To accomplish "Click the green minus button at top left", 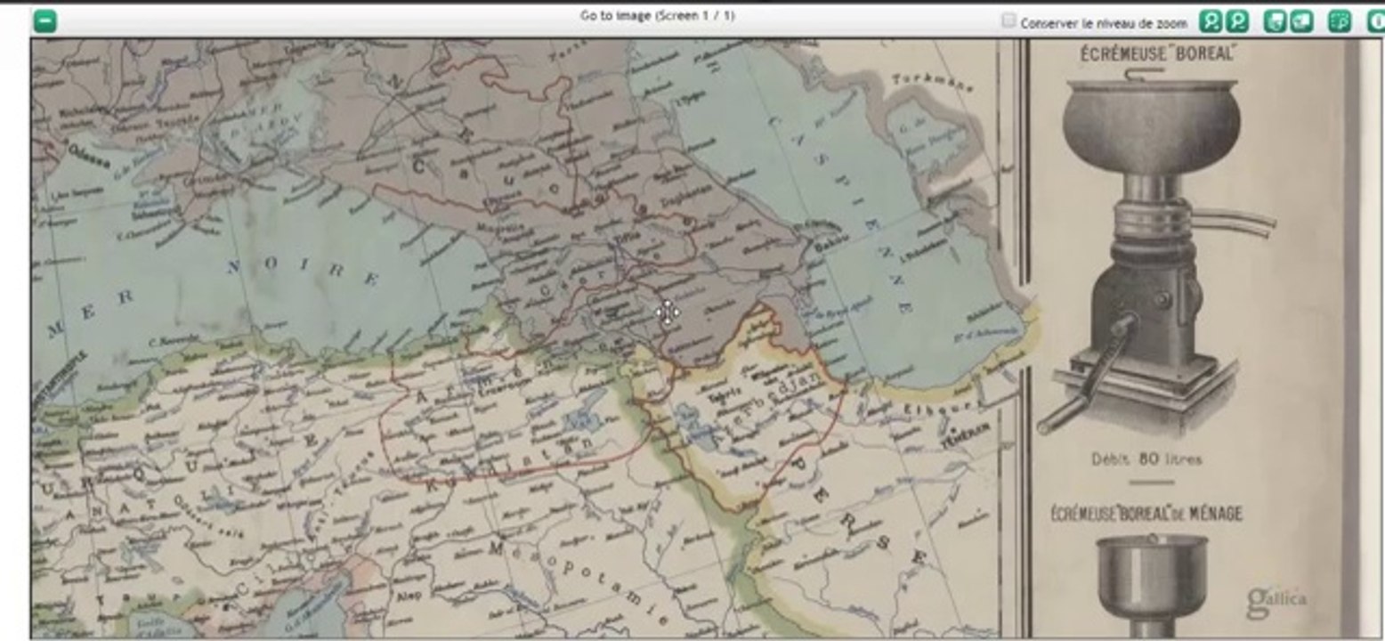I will (x=45, y=20).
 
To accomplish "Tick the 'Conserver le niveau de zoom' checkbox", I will (x=1008, y=20).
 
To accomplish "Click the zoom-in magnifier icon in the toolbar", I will (x=1211, y=21).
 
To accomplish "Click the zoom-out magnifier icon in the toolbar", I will (x=1237, y=21).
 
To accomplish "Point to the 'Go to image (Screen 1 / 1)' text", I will (x=657, y=15).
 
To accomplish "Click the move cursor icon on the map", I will (x=667, y=312).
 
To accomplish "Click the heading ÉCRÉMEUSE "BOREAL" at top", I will (x=1158, y=54).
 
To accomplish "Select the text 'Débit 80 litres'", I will (x=1146, y=459).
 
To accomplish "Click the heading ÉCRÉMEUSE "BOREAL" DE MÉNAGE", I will (x=1146, y=514).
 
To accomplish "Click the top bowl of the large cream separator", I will (x=1150, y=116).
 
